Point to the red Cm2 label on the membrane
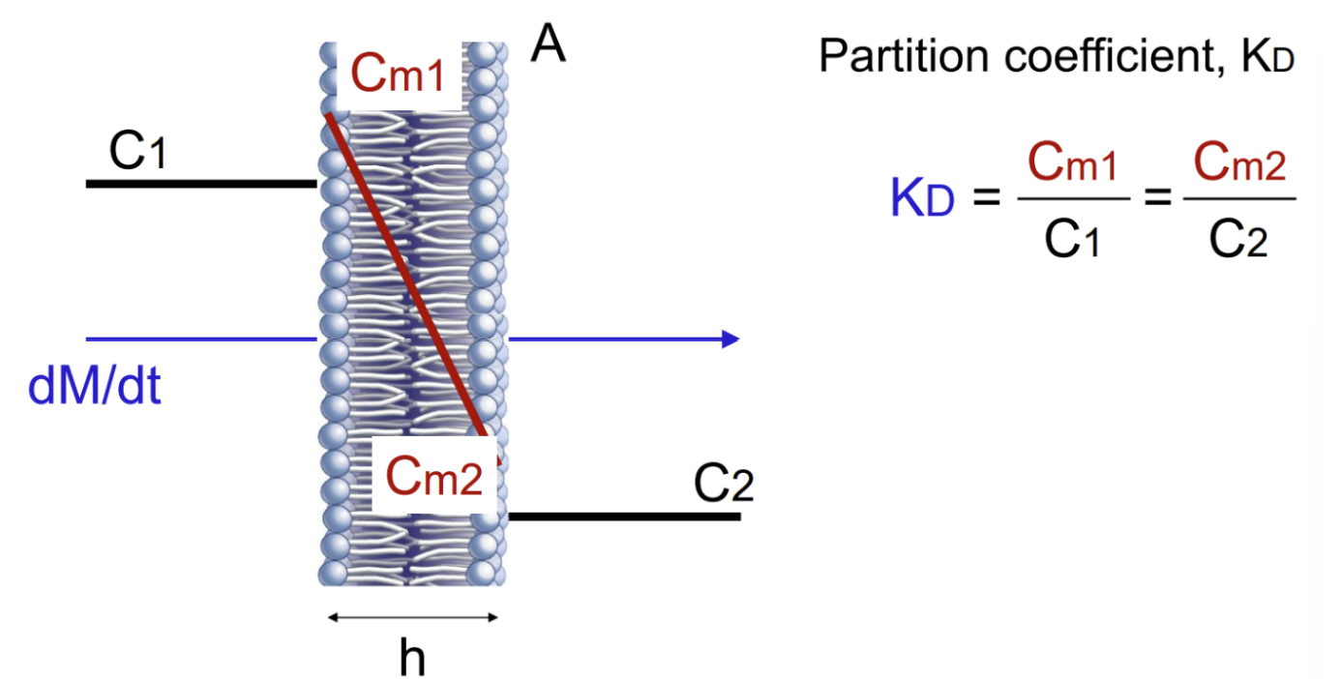click(x=434, y=476)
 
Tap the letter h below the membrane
click(x=412, y=658)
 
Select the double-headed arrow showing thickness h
click(x=412, y=617)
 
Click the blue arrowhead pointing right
click(x=730, y=339)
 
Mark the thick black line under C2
click(x=624, y=517)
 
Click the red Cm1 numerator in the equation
click(x=1073, y=165)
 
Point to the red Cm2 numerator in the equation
click(x=1239, y=165)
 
